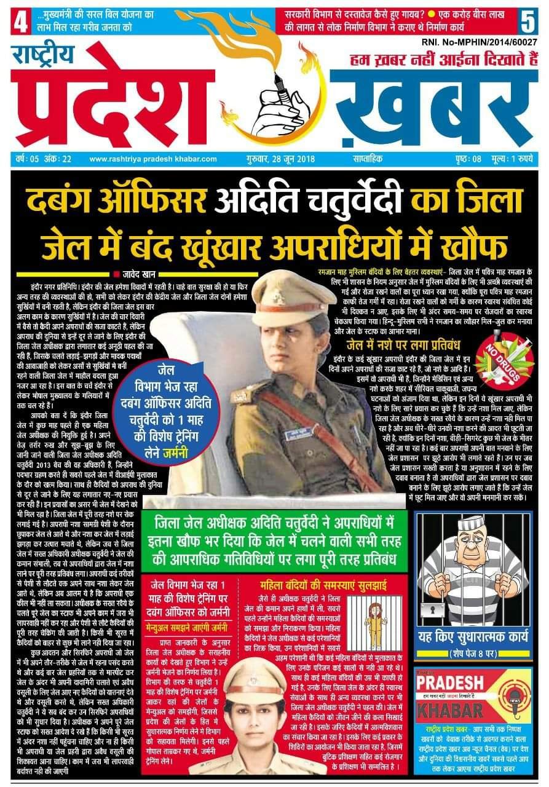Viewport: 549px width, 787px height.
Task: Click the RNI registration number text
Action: coord(480,42)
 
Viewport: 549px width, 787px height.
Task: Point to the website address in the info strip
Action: coord(153,159)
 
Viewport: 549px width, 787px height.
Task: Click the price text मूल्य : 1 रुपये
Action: coord(516,159)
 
